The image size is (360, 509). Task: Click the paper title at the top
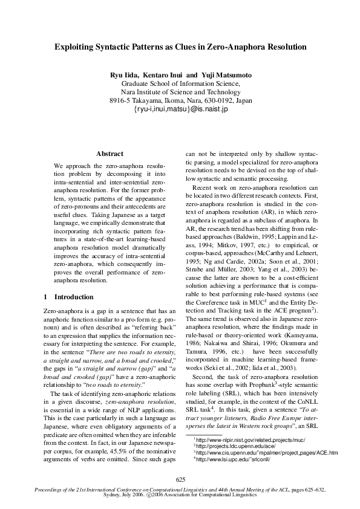coord(180,46)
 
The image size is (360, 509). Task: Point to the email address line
coord(180,109)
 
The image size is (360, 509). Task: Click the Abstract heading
coord(110,154)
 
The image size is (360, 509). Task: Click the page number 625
coord(180,479)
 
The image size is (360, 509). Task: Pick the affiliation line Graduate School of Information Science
coord(180,83)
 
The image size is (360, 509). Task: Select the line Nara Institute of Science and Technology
coord(180,92)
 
